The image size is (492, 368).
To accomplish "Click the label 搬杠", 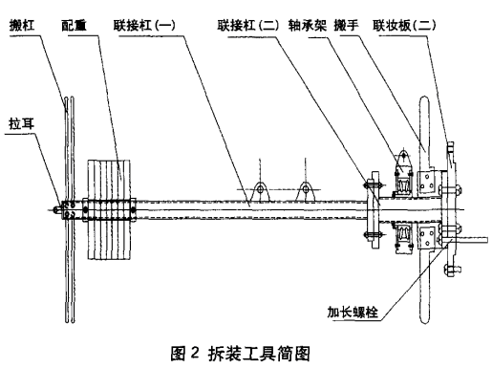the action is point(22,26).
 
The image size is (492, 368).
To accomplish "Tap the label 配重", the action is point(74,26).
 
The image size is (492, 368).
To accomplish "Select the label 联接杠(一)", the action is point(144,26).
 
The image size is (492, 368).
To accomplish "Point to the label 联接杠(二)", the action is point(248,26).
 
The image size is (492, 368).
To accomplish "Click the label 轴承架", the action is point(308,26).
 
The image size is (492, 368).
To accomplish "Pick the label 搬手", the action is point(346,26).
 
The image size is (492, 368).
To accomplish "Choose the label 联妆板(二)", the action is point(404,26).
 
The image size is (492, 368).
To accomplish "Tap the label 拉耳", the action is point(21,123).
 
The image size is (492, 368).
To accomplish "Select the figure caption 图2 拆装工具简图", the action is point(241,354).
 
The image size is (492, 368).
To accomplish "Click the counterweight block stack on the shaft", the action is point(109,209).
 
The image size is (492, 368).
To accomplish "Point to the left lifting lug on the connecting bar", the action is point(260,191).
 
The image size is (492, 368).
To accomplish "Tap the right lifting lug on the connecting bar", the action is point(306,191).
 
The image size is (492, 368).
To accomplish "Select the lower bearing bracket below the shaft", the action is point(403,238).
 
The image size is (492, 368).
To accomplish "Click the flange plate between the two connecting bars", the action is point(374,209).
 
